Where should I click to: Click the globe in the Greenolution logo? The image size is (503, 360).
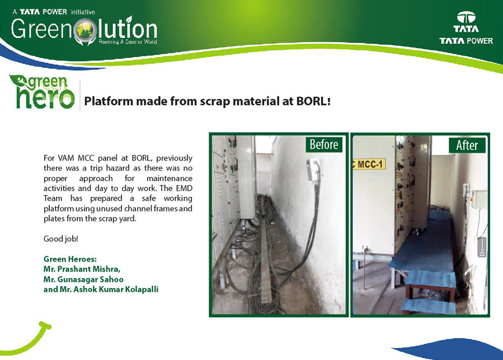coord(84,30)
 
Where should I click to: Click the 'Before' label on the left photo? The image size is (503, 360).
coord(324,144)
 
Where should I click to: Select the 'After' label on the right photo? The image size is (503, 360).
coord(467,145)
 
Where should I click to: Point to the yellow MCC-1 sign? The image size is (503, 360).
coord(369,164)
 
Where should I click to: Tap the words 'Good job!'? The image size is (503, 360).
coord(61,239)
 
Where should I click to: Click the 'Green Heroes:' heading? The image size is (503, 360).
coord(70,259)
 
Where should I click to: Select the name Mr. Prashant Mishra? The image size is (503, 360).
coord(82,269)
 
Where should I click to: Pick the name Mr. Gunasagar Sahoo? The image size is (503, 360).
coord(83,279)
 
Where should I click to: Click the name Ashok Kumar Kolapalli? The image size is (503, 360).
coord(116,290)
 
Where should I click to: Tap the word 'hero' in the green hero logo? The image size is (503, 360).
coord(45,98)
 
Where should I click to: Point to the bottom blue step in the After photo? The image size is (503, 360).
coord(428,306)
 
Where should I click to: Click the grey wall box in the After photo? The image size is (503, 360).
coord(479,200)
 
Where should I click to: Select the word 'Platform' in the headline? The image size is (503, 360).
coord(109,101)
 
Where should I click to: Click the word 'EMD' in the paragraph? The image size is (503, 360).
coord(184,188)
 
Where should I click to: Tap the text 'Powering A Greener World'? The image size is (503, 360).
coord(128,42)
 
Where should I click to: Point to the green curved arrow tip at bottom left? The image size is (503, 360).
coord(48,326)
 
